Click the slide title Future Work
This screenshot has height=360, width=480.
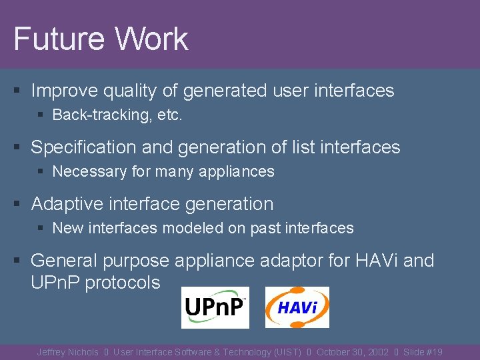(101, 39)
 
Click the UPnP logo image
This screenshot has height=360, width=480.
(215, 307)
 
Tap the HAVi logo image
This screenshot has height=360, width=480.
(297, 307)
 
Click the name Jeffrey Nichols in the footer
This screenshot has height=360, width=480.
(67, 352)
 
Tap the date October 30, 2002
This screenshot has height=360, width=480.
(352, 352)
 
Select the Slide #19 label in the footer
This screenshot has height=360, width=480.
(423, 352)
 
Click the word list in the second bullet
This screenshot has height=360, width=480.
(303, 147)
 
